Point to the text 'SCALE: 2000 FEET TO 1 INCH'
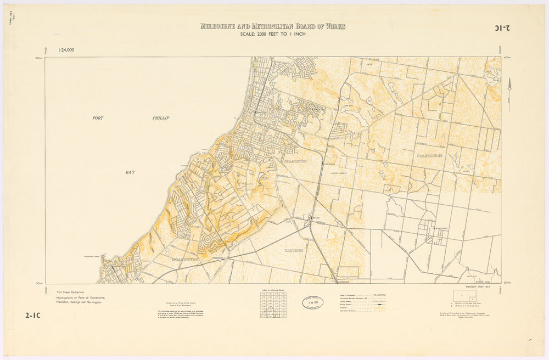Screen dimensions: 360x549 (x=273, y=34)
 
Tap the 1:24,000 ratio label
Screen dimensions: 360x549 (x=66, y=50)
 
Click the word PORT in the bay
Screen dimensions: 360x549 (x=98, y=118)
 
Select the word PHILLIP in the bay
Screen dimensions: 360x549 (x=161, y=118)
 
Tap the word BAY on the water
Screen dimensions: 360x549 (x=130, y=172)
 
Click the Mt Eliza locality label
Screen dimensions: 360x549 (x=196, y=226)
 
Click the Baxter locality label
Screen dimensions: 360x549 (x=315, y=218)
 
